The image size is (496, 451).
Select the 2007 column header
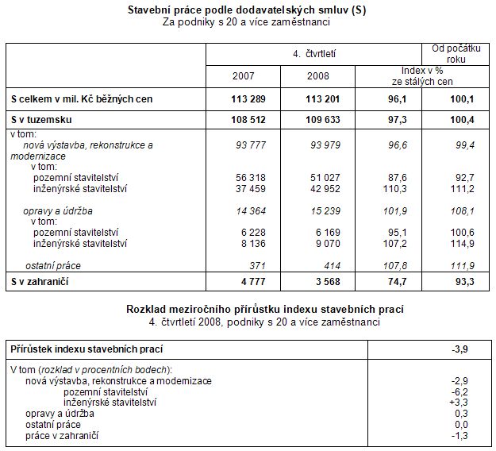pyautogui.click(x=244, y=76)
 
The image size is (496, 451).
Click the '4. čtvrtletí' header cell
pyautogui.click(x=313, y=53)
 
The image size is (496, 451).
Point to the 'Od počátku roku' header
pyautogui.click(x=456, y=53)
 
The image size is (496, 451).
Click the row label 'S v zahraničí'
pyautogui.click(x=40, y=281)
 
